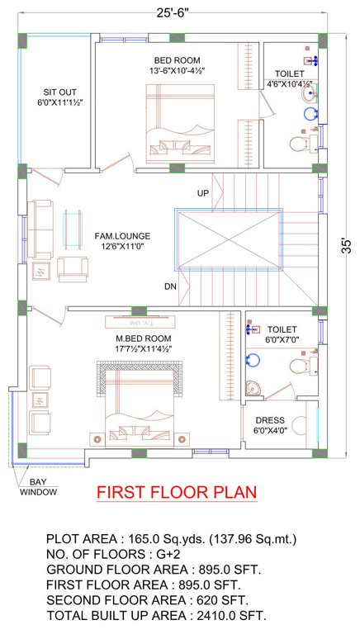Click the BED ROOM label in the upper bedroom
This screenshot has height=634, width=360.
point(177,60)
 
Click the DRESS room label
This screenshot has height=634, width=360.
point(270,419)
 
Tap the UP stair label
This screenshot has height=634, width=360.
point(202,192)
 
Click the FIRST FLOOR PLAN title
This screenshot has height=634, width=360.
point(177,493)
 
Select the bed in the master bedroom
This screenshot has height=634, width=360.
point(141,405)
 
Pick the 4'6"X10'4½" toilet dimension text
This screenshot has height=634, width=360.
point(289,83)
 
